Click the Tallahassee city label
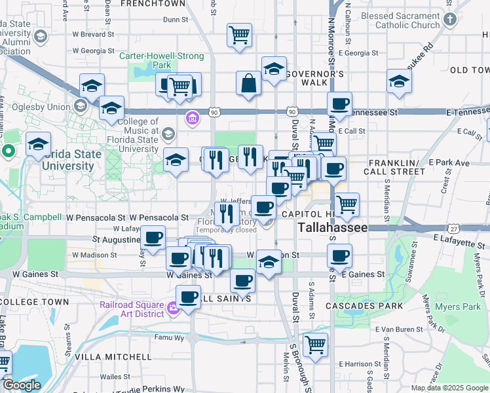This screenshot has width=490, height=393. pos(332,229)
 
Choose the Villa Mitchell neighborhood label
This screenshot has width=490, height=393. pos(113,357)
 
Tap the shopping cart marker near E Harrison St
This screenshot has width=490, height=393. pos(316,345)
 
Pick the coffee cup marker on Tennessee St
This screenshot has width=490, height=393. pos(339,103)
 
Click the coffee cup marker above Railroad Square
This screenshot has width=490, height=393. pos(189,297)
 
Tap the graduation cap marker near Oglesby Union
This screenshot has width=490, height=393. pos(112,108)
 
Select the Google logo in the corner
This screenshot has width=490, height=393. pos(21,385)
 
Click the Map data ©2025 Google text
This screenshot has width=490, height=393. pos(449,388)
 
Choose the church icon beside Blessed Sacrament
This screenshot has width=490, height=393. pos(449,20)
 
